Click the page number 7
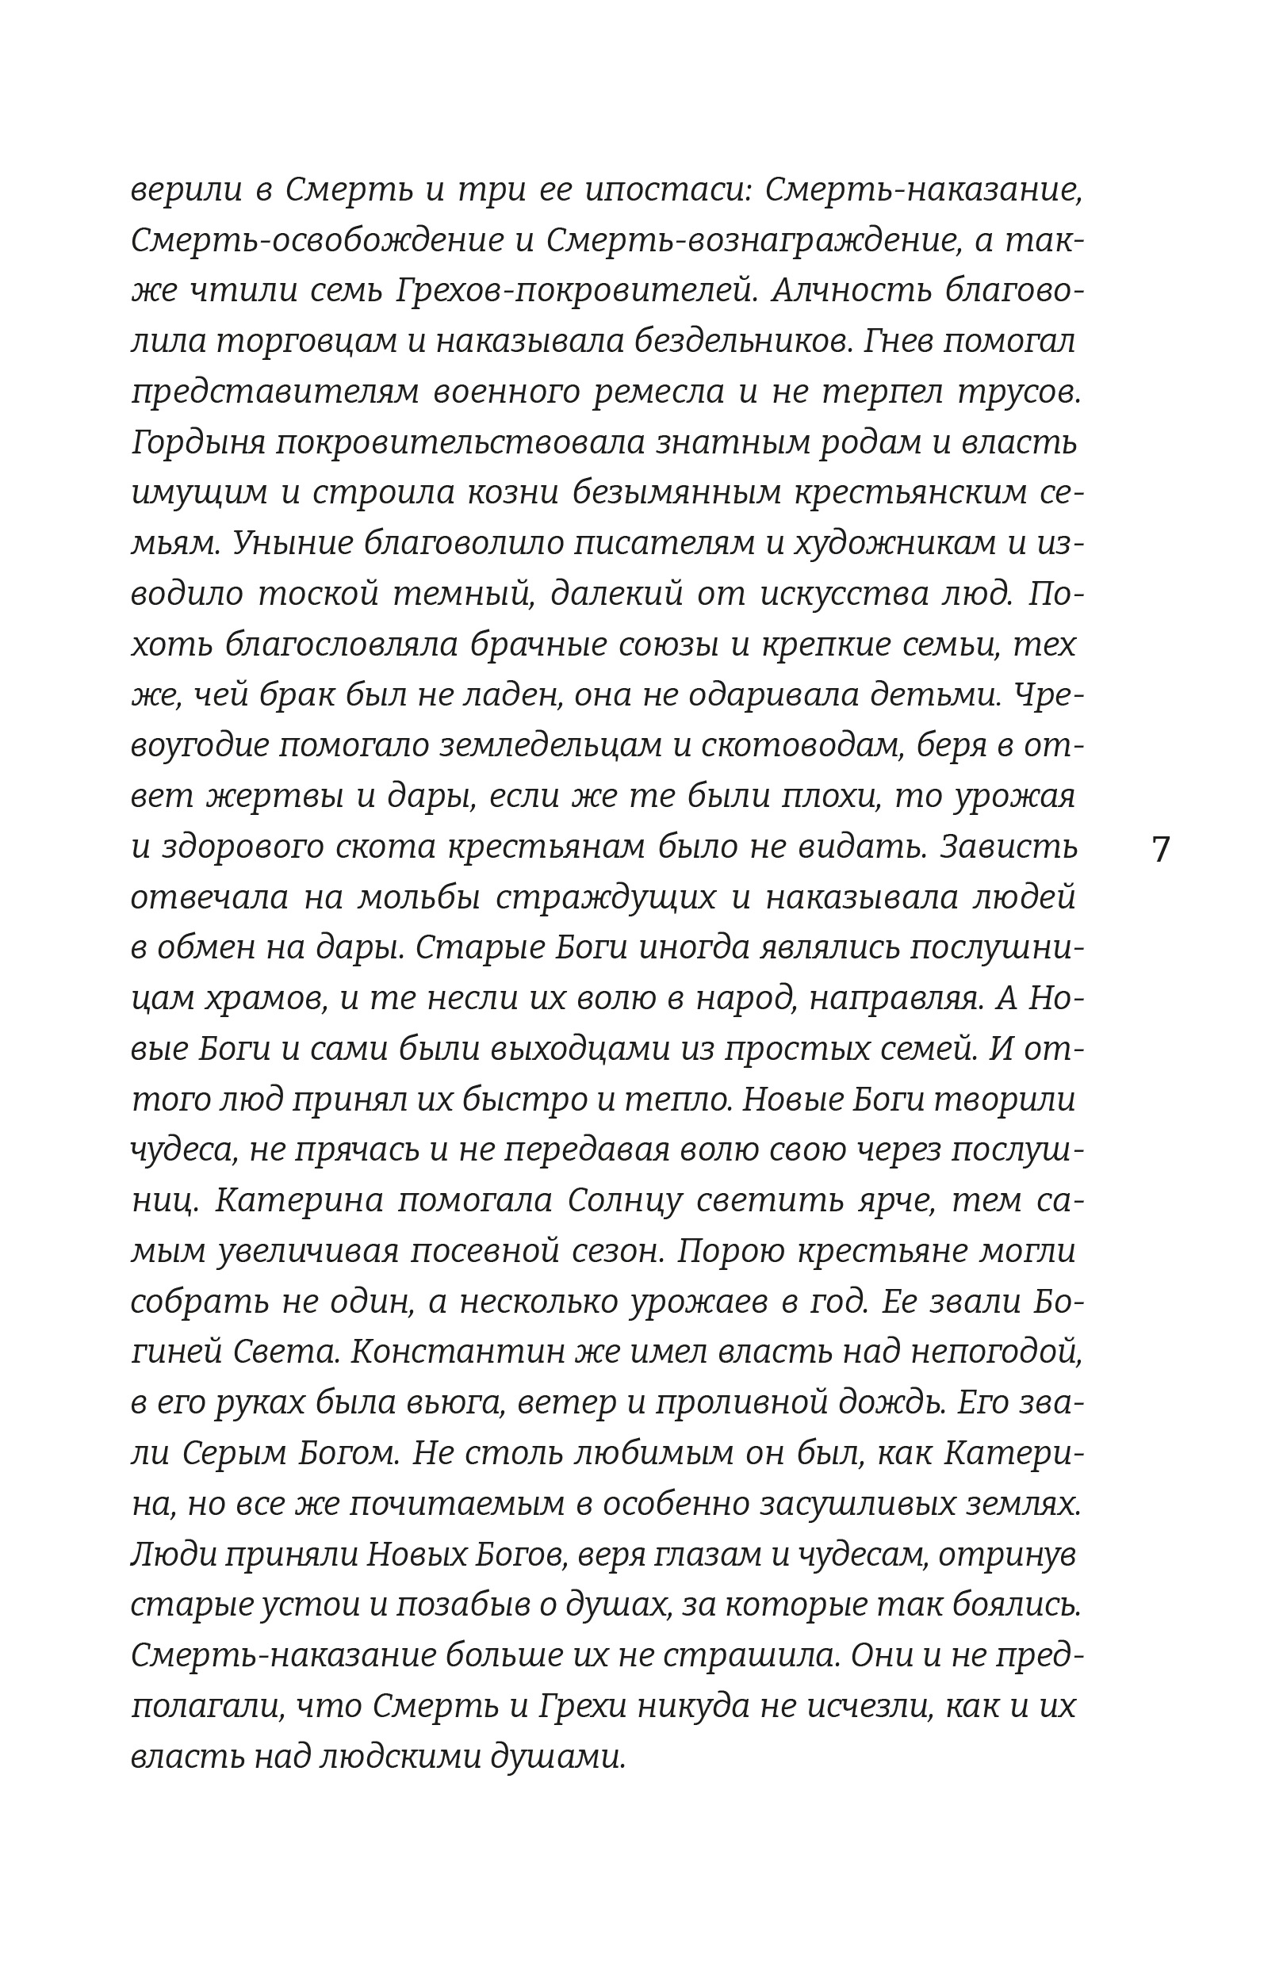pyautogui.click(x=1160, y=849)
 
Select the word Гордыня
pyautogui.click(x=197, y=444)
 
